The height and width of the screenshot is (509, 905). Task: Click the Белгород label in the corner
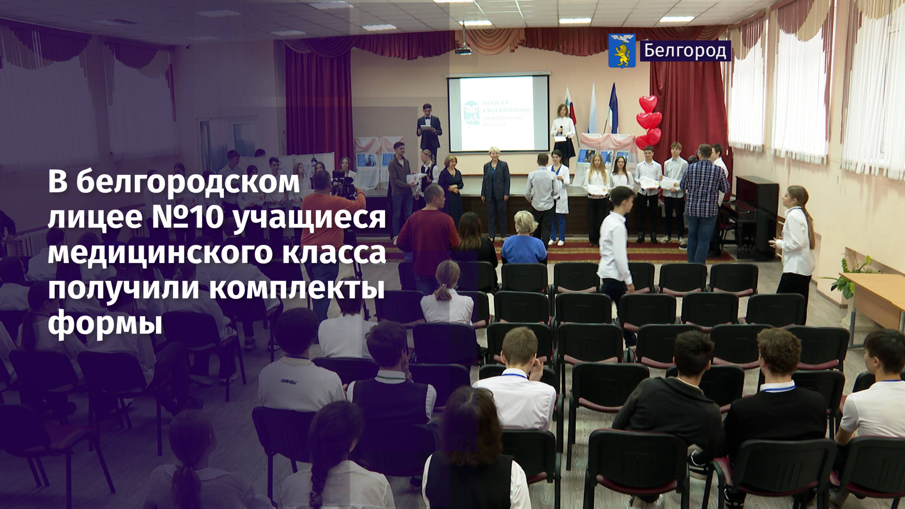(x=685, y=51)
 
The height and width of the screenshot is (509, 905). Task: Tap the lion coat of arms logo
(x=622, y=51)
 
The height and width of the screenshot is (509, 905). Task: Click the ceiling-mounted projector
(x=463, y=50)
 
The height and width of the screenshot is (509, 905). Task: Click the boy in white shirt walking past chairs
(x=617, y=253)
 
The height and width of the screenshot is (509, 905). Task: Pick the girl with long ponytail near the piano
(x=796, y=246)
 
